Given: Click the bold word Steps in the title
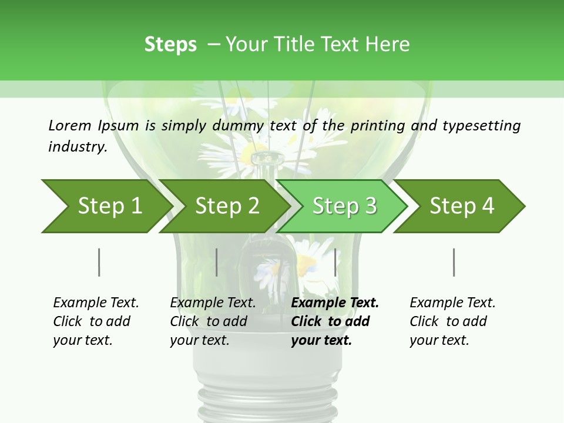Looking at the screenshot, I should tap(170, 45).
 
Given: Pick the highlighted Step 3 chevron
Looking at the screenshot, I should tap(344, 206).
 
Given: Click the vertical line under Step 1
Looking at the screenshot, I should tap(99, 262).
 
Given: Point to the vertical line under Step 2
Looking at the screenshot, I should tap(217, 262).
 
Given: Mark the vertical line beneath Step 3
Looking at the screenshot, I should tap(335, 262).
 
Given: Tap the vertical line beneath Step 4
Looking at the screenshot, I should tap(454, 262).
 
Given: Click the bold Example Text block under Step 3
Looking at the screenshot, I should tap(335, 321).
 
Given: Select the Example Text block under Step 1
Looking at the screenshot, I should tap(96, 321).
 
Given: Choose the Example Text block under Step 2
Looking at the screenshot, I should tap(213, 321).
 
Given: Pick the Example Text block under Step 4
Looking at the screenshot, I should tap(452, 321).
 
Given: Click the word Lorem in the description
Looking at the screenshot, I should tap(70, 126).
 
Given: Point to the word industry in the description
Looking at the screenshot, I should tap(78, 147).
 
